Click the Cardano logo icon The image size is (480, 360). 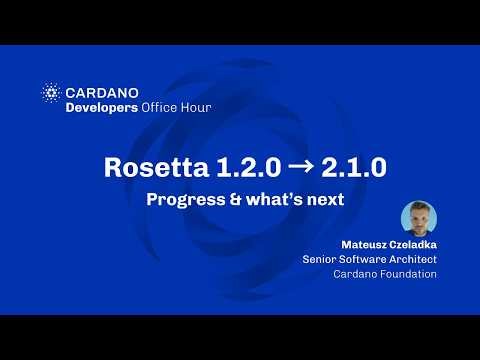51,92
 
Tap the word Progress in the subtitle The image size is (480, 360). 183,199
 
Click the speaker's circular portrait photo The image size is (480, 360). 418,219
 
